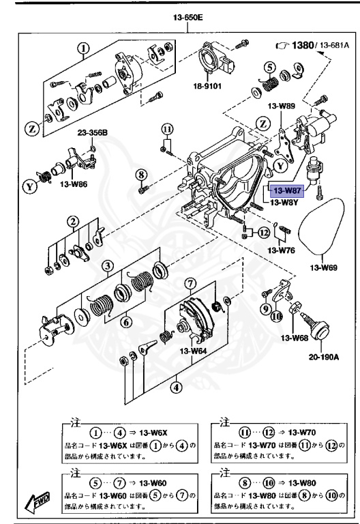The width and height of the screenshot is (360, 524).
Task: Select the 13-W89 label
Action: (x=281, y=106)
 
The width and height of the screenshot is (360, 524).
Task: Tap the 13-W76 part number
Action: (x=282, y=250)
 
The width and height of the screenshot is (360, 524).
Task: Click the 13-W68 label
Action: (x=292, y=336)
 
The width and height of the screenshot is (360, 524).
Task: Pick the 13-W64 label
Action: (x=193, y=351)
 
